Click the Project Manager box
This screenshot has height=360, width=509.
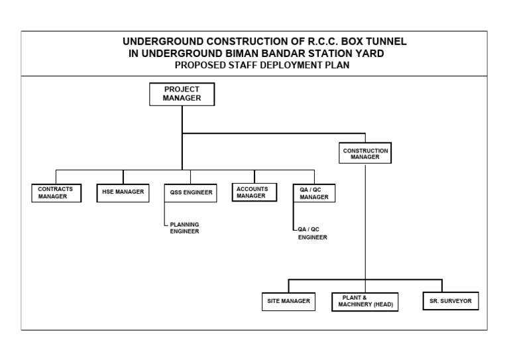pyautogui.click(x=181, y=94)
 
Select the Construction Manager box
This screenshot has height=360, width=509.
pyautogui.click(x=365, y=154)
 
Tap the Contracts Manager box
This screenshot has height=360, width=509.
pyautogui.click(x=56, y=192)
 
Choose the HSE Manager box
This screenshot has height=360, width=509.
pyautogui.click(x=123, y=192)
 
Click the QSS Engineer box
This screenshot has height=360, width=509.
pyautogui.click(x=190, y=193)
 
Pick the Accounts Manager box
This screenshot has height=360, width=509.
pyautogui.click(x=254, y=192)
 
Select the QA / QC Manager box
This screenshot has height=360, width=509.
pyautogui.click(x=314, y=193)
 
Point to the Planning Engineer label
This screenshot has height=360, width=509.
pyautogui.click(x=184, y=228)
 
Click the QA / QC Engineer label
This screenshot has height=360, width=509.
pyautogui.click(x=312, y=233)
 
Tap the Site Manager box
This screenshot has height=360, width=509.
pyautogui.click(x=288, y=301)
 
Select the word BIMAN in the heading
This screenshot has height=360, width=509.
pyautogui.click(x=241, y=54)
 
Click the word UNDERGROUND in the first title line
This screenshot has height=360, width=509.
pyautogui.click(x=161, y=42)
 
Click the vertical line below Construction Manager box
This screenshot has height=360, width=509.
pyautogui.click(x=365, y=219)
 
